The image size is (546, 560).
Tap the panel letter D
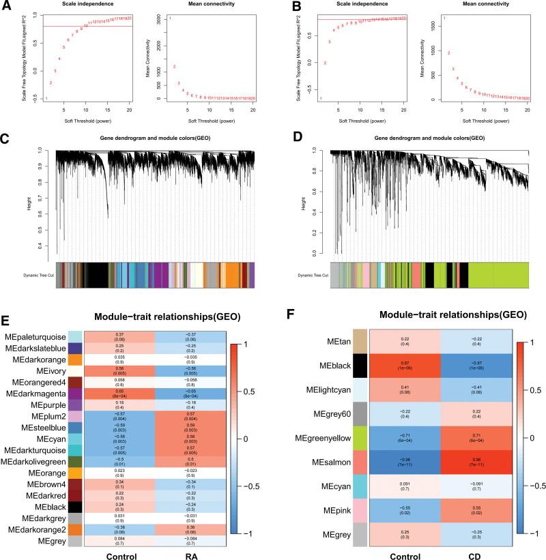coord(280,139)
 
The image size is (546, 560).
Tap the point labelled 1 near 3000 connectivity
coord(169,18)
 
